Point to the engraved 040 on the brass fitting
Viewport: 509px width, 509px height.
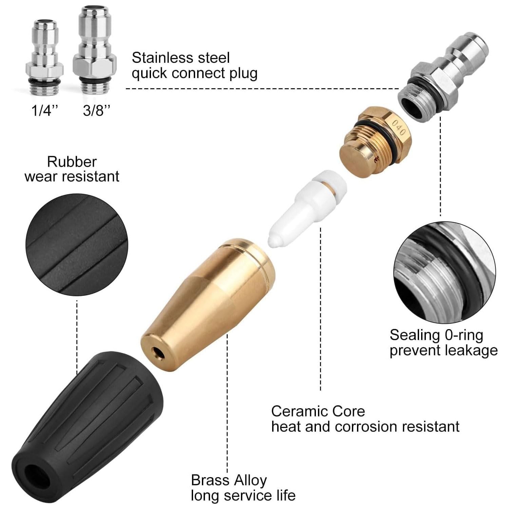point(398,128)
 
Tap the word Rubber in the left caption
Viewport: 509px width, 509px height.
point(72,162)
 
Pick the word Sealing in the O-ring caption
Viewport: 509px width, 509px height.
point(410,335)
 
